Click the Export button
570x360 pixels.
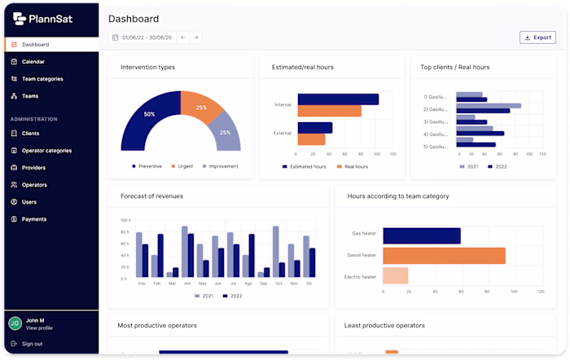pos(537,37)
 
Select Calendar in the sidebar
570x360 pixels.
pos(33,62)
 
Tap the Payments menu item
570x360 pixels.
pos(33,219)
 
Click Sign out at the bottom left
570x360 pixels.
pos(32,344)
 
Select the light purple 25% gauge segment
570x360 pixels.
pos(225,132)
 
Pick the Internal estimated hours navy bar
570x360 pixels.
pos(338,99)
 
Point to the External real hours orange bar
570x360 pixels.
pos(311,139)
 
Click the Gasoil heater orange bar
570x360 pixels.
pos(444,256)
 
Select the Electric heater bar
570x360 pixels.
pos(395,276)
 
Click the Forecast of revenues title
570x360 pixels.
pos(151,196)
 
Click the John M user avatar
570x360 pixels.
pos(15,323)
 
